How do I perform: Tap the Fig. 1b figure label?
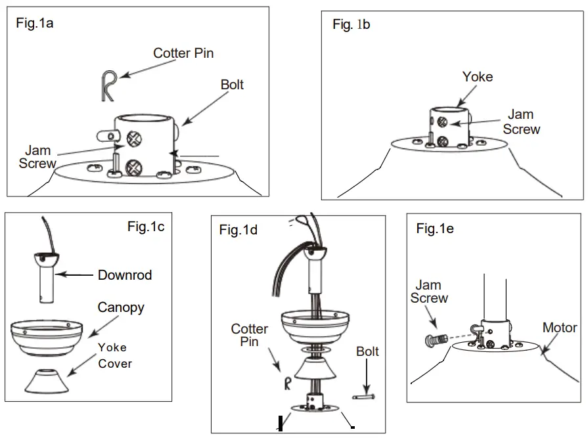tap(351, 25)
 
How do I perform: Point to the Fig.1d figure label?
tap(238, 230)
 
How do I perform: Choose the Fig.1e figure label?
tap(435, 229)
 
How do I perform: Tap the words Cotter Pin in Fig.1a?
tap(183, 53)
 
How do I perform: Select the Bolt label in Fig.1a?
tap(232, 85)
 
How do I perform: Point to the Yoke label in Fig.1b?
tap(477, 77)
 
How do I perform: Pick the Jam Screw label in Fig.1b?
tap(521, 122)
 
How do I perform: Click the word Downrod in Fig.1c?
tap(125, 275)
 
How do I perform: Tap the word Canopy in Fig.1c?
tap(120, 307)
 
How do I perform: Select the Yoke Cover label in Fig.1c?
tap(115, 355)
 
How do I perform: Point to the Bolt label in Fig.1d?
tap(367, 352)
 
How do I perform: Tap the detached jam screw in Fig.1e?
tap(434, 340)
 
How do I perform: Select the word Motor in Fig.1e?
tap(559, 327)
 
